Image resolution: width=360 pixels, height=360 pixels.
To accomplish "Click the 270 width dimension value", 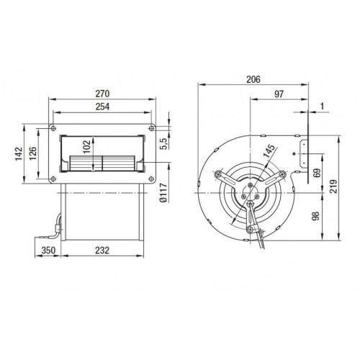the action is [102, 94].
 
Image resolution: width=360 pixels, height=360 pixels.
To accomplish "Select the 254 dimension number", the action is [102, 107].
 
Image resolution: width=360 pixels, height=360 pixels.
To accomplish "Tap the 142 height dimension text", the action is [19, 153].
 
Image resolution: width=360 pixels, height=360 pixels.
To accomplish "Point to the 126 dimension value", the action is [32, 153].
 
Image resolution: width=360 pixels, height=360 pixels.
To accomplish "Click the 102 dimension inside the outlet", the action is [87, 147].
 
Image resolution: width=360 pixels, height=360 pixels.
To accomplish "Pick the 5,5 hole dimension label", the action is [164, 144].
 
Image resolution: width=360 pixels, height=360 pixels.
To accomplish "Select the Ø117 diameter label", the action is [163, 192].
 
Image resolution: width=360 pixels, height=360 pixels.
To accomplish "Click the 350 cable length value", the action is [48, 251].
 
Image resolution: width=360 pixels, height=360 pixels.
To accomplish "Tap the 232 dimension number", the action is [102, 251].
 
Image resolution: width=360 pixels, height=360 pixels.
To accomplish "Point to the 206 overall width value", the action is [253, 79].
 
